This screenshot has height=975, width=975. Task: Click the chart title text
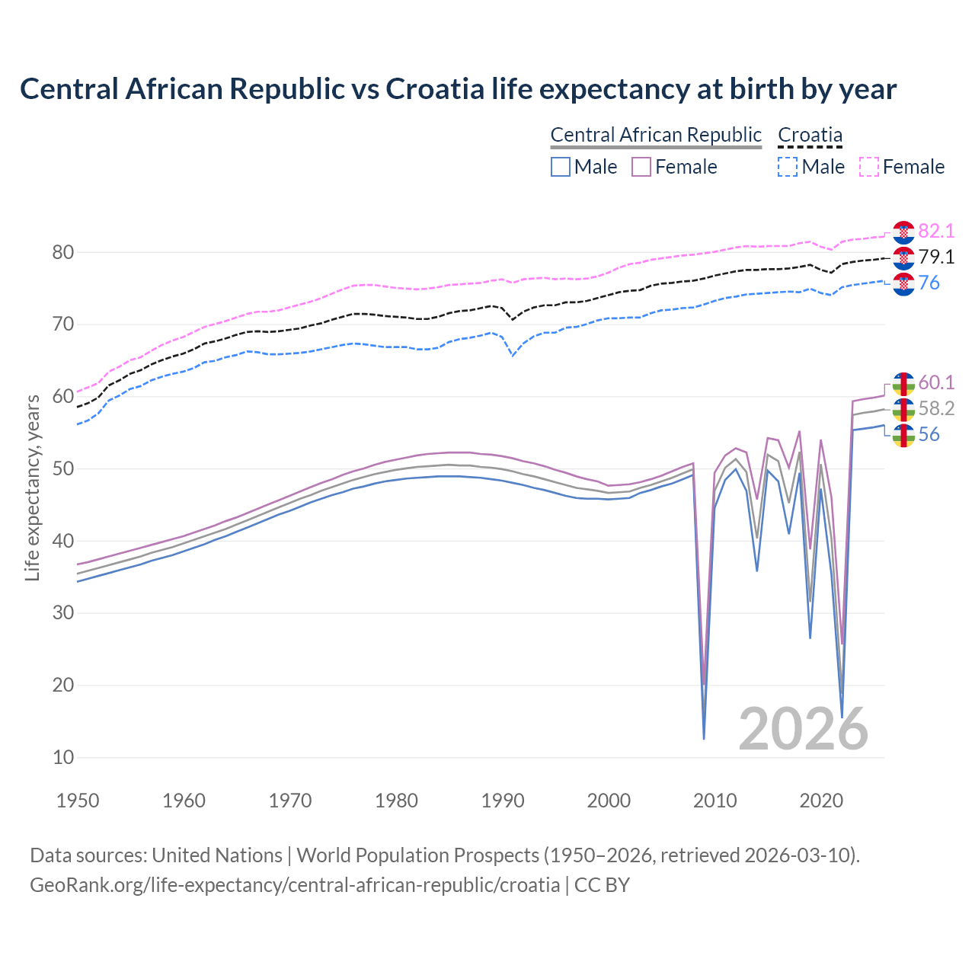458,89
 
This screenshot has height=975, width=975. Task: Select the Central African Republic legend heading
655,135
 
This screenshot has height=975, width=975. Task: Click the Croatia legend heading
810,135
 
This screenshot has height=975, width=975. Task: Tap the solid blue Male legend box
561,167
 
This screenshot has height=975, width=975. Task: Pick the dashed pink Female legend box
868,167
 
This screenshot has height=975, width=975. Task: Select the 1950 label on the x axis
78,801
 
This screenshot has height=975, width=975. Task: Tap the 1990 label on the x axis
503,801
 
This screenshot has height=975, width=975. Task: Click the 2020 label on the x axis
821,801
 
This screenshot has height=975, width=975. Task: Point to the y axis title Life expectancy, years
32,487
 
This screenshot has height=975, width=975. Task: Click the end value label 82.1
936,231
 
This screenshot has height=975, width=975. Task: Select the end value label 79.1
936,257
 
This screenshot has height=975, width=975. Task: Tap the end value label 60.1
936,382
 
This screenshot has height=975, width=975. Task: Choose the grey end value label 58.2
936,409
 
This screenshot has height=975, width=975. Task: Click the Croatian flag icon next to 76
903,284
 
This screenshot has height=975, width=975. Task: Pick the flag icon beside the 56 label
903,436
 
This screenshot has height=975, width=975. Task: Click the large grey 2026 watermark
803,729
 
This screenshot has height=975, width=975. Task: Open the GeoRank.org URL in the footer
295,885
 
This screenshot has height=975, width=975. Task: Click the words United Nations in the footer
217,855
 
